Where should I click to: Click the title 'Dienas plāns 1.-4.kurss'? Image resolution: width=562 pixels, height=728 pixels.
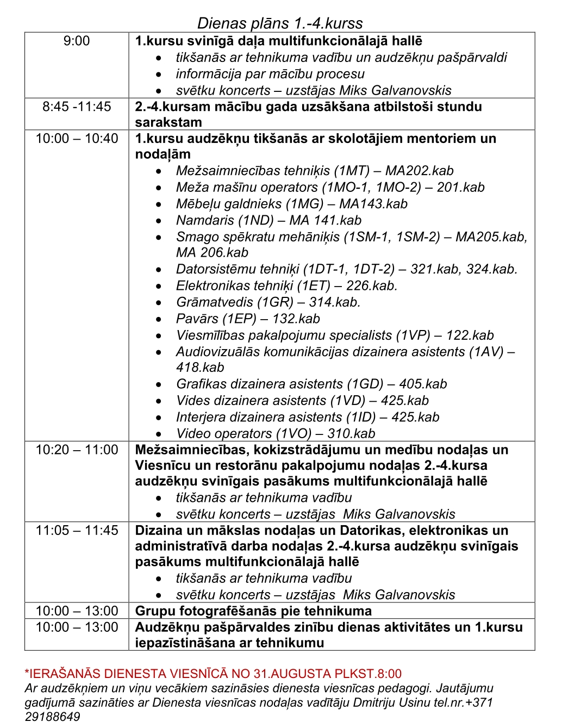click(280, 23)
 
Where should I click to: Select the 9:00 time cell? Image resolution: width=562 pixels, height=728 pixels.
click(77, 41)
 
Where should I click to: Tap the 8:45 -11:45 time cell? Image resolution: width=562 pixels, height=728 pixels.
click(77, 107)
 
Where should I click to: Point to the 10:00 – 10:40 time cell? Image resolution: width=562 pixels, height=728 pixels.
click(77, 139)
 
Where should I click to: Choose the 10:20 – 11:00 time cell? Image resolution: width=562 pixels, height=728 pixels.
click(77, 450)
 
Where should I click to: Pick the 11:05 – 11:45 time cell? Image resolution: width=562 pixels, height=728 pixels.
click(77, 530)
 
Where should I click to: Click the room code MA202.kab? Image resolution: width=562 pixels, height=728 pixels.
click(419, 171)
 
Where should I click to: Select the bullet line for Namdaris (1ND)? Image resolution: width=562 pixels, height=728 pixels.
click(268, 220)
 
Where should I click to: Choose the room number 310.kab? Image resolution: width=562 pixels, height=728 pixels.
click(351, 433)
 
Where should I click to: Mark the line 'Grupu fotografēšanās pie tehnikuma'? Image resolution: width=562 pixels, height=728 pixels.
click(253, 611)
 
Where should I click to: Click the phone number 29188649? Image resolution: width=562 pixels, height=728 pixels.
click(53, 717)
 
